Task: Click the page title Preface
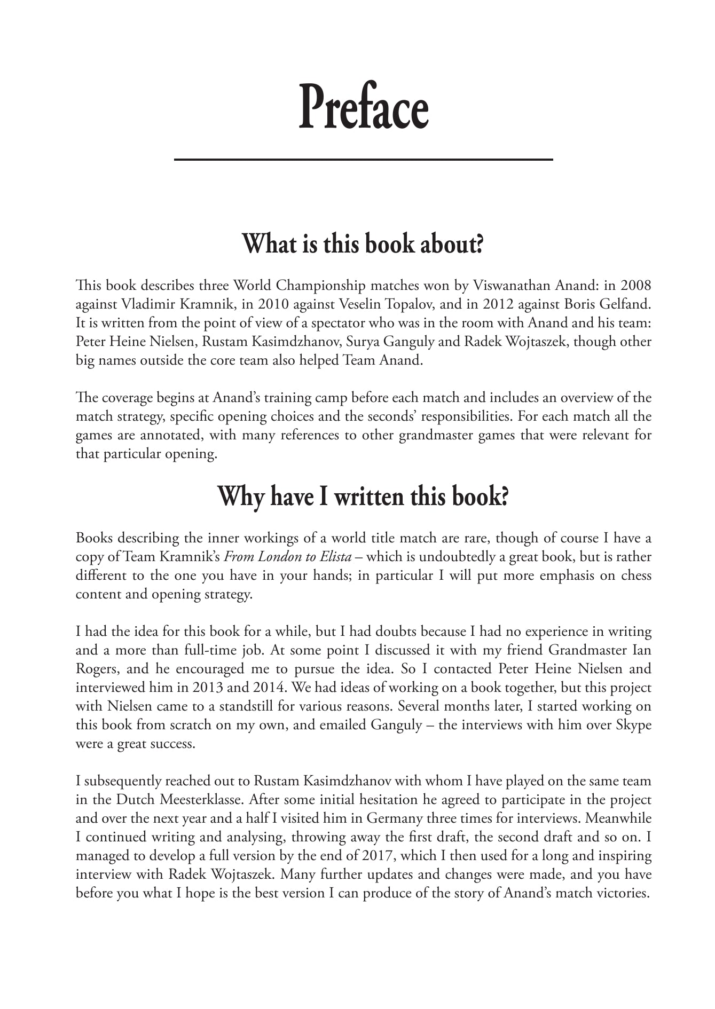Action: [x=363, y=107]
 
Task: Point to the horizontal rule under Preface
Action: [x=363, y=159]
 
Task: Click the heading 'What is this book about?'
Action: [x=363, y=244]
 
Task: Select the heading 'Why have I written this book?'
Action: [x=363, y=496]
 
